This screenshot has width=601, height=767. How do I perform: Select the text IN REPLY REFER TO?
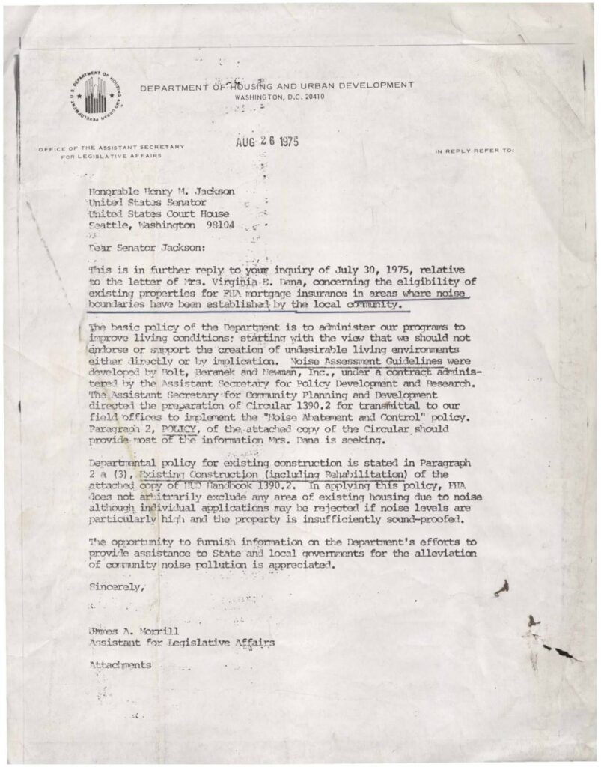(x=475, y=151)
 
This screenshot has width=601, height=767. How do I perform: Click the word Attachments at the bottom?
(x=120, y=664)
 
